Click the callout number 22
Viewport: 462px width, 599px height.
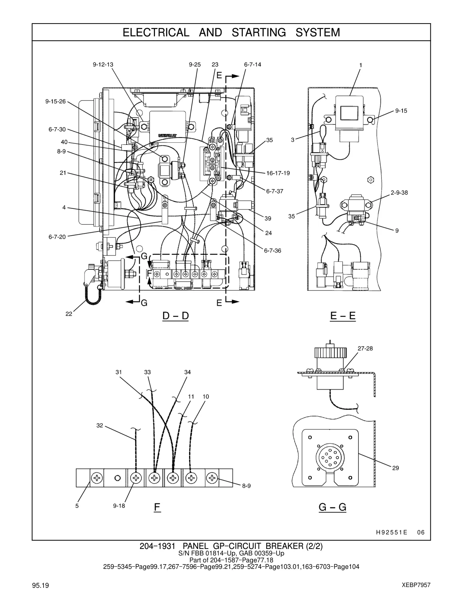69,314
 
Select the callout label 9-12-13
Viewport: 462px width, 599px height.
103,65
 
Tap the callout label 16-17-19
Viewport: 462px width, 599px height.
278,173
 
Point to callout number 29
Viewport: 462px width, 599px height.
395,468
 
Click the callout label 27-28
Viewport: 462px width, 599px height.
365,349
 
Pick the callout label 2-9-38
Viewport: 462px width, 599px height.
399,193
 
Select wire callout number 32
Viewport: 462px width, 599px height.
100,425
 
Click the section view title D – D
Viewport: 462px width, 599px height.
176,315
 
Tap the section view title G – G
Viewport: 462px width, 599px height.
332,507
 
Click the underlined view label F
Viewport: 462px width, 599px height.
157,507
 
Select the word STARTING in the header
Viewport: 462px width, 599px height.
259,33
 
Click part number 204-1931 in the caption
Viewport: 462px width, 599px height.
157,546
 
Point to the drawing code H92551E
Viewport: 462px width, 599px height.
392,533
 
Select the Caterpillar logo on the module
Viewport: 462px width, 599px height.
168,135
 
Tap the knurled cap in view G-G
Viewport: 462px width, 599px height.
330,353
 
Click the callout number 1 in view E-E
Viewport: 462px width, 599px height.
361,65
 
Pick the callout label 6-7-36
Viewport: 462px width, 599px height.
273,251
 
